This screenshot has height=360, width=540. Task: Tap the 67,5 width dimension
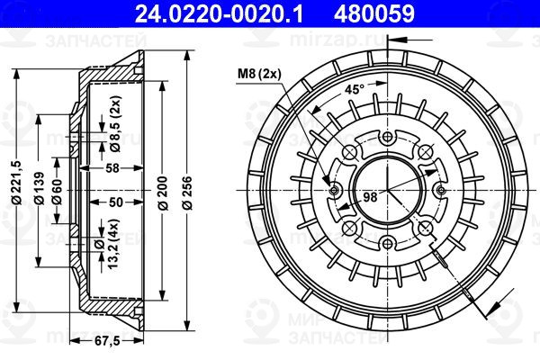[x=108, y=342]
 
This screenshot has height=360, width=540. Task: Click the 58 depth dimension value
[x=112, y=168]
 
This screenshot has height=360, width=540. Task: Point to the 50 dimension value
[x=113, y=202]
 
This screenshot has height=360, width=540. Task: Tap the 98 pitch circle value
[x=368, y=196]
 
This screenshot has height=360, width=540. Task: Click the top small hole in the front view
[x=388, y=136]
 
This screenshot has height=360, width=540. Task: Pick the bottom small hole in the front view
[x=388, y=240]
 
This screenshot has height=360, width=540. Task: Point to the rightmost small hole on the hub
[x=440, y=188]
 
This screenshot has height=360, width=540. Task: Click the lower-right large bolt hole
[x=423, y=224]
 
